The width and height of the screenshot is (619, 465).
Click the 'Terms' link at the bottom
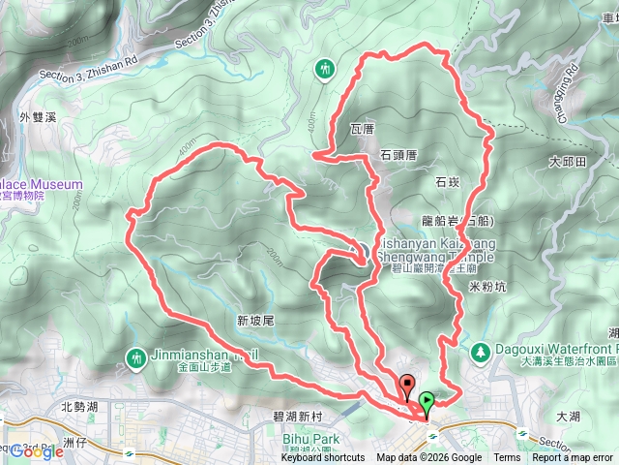point(507,458)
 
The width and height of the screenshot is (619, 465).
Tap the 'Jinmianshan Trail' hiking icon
point(135,357)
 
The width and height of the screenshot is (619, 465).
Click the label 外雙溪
point(38,117)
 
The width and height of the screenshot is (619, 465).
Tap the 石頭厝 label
point(398,154)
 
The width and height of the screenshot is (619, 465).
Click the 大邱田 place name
point(567,161)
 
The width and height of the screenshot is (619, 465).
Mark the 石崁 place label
point(447,181)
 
